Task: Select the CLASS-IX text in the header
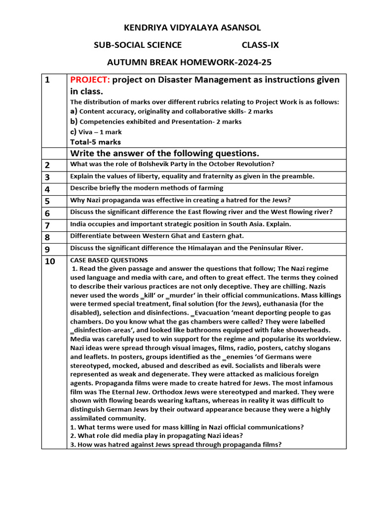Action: pos(260,45)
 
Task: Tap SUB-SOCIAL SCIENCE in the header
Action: pos(138,45)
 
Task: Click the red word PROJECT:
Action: pos(90,80)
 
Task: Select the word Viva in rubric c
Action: pos(87,132)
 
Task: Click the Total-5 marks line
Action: pos(95,142)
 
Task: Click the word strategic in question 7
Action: pos(190,224)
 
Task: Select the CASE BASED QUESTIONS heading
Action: pos(109,260)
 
